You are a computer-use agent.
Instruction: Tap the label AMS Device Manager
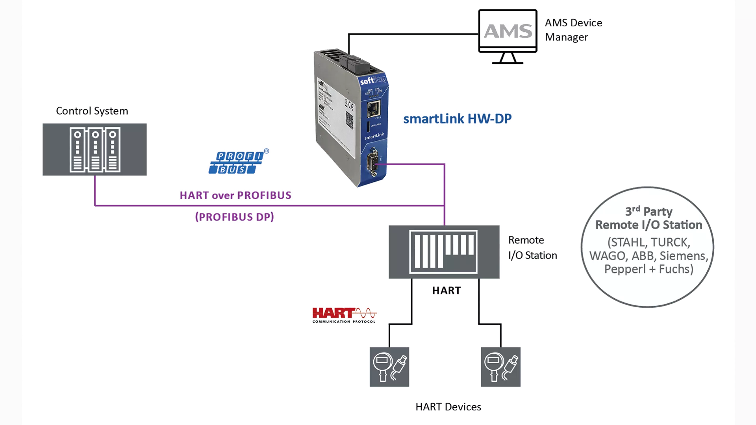[x=573, y=30]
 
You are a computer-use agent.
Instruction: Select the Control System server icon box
[x=94, y=150]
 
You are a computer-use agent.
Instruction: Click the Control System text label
[x=92, y=111]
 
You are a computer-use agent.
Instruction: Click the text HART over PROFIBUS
[x=235, y=195]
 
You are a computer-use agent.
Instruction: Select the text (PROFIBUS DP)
[x=235, y=217]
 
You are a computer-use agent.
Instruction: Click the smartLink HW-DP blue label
[x=457, y=119]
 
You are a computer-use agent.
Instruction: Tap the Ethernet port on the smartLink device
[x=373, y=109]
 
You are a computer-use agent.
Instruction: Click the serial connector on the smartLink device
[x=372, y=162]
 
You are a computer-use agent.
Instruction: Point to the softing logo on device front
[x=372, y=80]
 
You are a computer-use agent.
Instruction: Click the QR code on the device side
[x=349, y=120]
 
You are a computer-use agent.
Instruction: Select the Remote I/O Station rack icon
[x=444, y=252]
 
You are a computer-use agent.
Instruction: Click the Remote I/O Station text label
[x=532, y=248]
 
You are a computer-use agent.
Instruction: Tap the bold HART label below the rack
[x=447, y=290]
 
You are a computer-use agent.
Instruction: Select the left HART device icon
[x=389, y=367]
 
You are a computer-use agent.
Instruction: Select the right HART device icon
[x=501, y=367]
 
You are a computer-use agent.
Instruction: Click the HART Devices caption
[x=448, y=407]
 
